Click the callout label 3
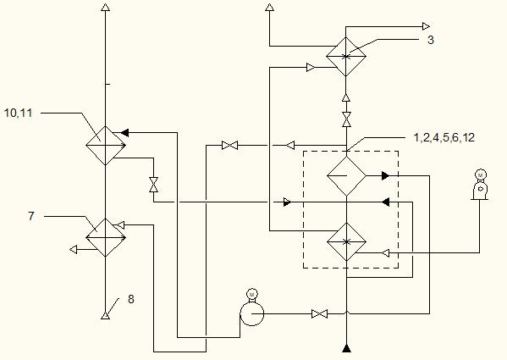click(x=430, y=40)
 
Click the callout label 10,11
click(x=18, y=114)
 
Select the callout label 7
click(x=31, y=216)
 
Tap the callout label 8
click(x=131, y=299)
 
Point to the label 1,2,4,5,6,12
click(x=444, y=137)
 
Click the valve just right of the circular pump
click(x=319, y=313)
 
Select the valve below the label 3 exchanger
click(x=346, y=119)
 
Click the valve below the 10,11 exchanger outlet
click(x=153, y=185)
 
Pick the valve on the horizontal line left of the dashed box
click(x=230, y=145)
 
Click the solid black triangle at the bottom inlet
click(x=346, y=348)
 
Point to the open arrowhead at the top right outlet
click(x=426, y=26)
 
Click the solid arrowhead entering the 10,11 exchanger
click(x=124, y=132)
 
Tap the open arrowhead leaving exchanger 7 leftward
click(x=74, y=249)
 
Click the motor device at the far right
click(x=480, y=185)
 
